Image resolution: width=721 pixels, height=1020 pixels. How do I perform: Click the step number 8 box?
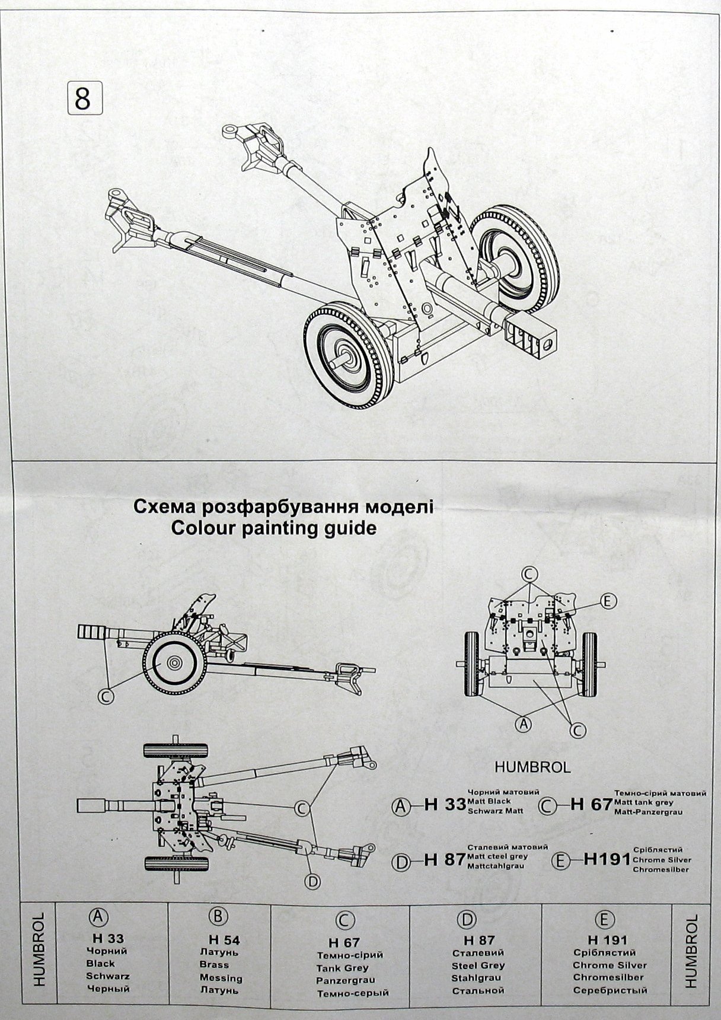tap(82, 98)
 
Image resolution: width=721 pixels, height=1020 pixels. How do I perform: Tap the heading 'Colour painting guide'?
tap(273, 527)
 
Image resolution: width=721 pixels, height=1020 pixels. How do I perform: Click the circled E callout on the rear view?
tap(606, 601)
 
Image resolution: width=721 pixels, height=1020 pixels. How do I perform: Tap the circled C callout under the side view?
tap(106, 696)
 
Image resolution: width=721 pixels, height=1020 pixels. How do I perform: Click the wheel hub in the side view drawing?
tap(174, 662)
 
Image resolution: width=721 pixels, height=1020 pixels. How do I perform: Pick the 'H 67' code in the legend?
tap(591, 804)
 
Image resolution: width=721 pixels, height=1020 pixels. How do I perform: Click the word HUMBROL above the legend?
tap(532, 767)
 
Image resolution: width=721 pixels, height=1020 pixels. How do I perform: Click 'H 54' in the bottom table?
tap(224, 957)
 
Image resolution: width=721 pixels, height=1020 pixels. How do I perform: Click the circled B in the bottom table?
tap(218, 933)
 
